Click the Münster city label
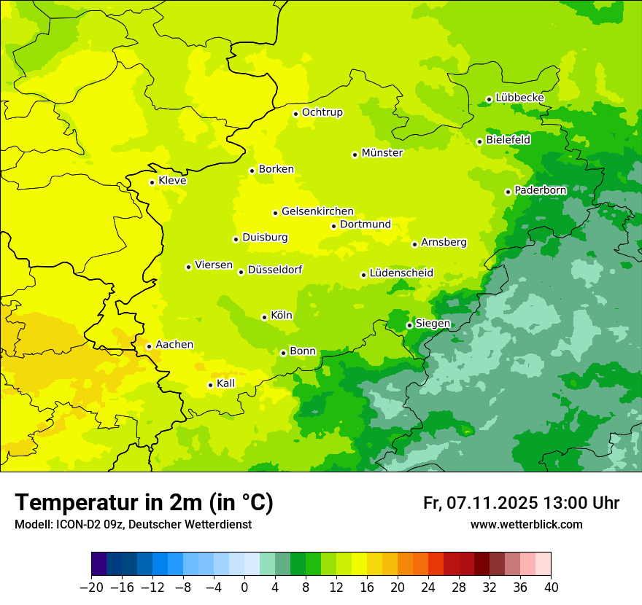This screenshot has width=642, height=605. tap(382, 153)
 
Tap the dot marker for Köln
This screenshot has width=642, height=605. tap(264, 317)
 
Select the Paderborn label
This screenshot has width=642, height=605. tap(540, 190)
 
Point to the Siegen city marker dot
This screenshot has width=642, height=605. tap(409, 325)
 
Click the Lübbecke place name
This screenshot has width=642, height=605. tap(519, 98)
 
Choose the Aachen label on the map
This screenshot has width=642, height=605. tap(174, 345)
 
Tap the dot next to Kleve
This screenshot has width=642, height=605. tap(152, 182)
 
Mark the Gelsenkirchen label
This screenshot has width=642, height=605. tap(317, 211)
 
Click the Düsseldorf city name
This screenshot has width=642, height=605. tap(274, 270)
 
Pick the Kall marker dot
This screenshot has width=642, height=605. tap(210, 385)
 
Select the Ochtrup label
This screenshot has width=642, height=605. tap(322, 112)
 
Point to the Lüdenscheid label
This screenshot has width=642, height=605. tap(401, 273)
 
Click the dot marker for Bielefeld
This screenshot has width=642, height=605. tap(479, 141)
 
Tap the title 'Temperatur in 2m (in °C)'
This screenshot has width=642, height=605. tap(144, 502)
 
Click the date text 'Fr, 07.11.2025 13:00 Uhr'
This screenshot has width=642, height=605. tap(521, 503)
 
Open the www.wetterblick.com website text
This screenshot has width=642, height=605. tap(526, 524)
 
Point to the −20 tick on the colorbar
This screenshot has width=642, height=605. tap(91, 587)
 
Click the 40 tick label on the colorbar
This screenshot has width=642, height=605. tap(551, 587)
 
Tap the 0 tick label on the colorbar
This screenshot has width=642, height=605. tap(244, 587)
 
